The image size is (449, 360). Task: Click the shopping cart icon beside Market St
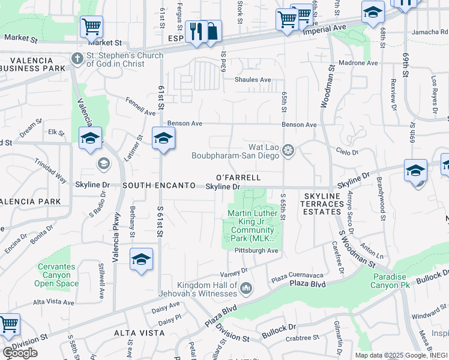91,26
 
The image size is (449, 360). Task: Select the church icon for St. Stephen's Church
76,58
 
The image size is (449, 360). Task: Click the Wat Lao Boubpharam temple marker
288,150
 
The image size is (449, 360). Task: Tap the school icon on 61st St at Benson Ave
163,138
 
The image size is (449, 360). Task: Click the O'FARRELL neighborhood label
238,178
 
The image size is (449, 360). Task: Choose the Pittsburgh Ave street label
256,250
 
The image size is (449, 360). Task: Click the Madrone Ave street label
359,63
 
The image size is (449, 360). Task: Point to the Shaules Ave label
253,80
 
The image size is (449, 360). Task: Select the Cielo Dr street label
347,153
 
